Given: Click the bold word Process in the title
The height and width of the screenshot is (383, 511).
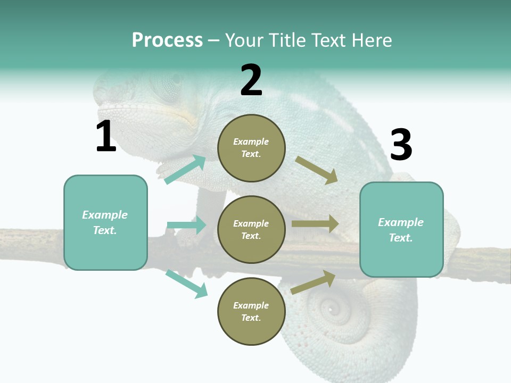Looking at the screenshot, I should pyautogui.click(x=167, y=40).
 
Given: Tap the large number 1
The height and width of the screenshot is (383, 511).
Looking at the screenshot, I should pyautogui.click(x=106, y=137).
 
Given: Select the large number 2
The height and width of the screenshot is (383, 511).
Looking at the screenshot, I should pyautogui.click(x=251, y=80).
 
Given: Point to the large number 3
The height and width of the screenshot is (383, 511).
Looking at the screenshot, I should pyautogui.click(x=401, y=145).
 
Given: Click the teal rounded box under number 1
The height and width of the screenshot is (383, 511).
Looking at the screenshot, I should pyautogui.click(x=105, y=222).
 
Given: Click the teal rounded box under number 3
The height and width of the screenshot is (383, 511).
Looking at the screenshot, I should pyautogui.click(x=401, y=230).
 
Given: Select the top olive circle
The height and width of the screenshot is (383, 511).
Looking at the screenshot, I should pyautogui.click(x=251, y=148).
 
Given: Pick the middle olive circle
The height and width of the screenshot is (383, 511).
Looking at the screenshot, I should pyautogui.click(x=251, y=229).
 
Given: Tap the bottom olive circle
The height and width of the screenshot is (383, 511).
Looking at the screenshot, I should pyautogui.click(x=251, y=311).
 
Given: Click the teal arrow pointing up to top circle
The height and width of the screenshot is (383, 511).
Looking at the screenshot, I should pyautogui.click(x=186, y=170).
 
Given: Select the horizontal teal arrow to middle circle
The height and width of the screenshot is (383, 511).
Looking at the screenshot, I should pyautogui.click(x=186, y=225).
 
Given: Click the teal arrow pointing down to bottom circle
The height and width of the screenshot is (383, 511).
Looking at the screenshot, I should pyautogui.click(x=187, y=284).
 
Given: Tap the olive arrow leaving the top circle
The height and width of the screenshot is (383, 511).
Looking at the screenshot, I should pyautogui.click(x=316, y=170).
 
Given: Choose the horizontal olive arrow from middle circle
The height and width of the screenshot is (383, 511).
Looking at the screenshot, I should pyautogui.click(x=315, y=224).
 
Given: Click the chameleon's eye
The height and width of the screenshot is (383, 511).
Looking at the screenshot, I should pyautogui.click(x=171, y=82).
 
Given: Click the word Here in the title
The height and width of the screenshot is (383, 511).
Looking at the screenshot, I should pyautogui.click(x=372, y=40).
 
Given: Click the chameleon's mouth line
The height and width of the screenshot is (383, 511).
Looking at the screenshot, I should pyautogui.click(x=154, y=109).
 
